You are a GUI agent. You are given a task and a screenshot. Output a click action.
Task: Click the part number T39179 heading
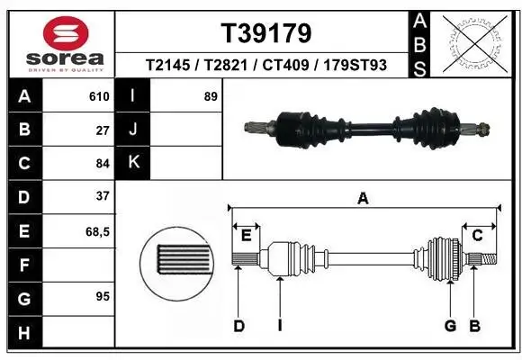[266, 33]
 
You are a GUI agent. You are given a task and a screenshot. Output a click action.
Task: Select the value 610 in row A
[99, 96]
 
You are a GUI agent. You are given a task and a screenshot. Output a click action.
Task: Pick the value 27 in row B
[103, 130]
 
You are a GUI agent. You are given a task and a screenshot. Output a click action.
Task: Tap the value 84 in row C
[103, 163]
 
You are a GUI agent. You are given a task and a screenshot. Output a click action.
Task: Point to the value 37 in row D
[103, 196]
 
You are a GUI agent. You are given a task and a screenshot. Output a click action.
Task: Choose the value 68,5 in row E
[97, 231]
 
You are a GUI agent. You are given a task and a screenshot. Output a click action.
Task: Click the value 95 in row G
[103, 295]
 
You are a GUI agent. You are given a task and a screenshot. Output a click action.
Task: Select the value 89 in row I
[211, 96]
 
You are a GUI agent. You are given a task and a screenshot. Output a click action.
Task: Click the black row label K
[133, 163]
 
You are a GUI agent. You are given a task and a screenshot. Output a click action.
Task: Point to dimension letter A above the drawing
[364, 199]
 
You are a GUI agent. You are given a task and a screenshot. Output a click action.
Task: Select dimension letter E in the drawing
[246, 236]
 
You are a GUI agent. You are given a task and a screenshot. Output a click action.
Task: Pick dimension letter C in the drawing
[478, 235]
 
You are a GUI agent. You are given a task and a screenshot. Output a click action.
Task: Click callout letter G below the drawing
[450, 325]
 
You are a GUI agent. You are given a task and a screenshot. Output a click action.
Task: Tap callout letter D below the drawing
[238, 325]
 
